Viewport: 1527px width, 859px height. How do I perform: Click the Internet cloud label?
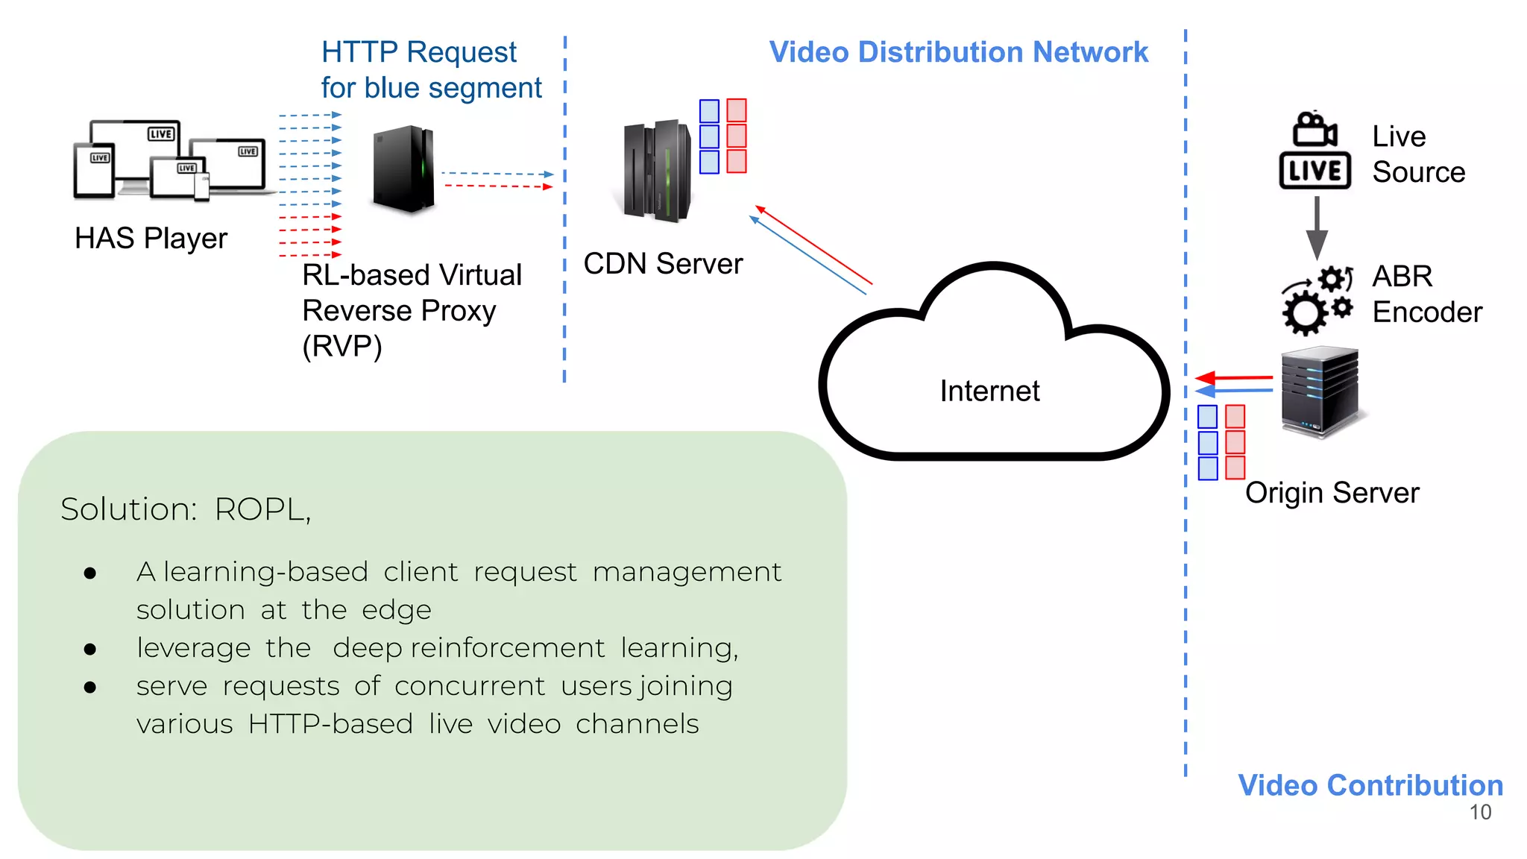[989, 391]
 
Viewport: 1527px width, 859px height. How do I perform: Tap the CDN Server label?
[663, 263]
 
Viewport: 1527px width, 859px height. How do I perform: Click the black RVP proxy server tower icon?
[403, 169]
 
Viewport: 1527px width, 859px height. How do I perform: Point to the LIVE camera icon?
[1315, 151]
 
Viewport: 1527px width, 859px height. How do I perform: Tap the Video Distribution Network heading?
[958, 52]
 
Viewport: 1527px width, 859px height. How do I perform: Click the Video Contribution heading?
[1370, 785]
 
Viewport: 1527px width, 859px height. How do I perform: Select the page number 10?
[1480, 812]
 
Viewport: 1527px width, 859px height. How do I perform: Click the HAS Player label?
[151, 239]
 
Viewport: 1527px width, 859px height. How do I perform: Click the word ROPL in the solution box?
[261, 509]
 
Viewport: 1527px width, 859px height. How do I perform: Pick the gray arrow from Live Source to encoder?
[1317, 227]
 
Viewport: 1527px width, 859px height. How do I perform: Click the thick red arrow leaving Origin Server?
[1234, 377]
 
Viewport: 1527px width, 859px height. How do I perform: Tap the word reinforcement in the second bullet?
[507, 647]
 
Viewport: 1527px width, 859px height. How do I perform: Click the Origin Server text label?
[1332, 493]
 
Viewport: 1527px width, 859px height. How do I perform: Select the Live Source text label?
[1417, 154]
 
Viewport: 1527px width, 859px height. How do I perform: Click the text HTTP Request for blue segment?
[430, 70]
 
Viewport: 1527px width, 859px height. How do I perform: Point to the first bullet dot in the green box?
[90, 573]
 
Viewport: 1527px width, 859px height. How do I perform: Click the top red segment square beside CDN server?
[737, 110]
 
